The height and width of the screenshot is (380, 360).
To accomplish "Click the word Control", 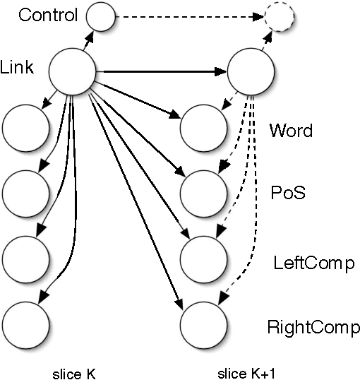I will click(49, 15).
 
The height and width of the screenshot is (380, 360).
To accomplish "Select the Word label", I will click(290, 132).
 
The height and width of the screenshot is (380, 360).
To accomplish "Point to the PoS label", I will click(289, 193).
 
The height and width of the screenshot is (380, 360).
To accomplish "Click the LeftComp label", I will click(313, 263).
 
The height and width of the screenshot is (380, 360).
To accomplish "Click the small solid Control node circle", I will click(100, 16).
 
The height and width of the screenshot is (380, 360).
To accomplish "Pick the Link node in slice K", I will click(71, 70).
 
